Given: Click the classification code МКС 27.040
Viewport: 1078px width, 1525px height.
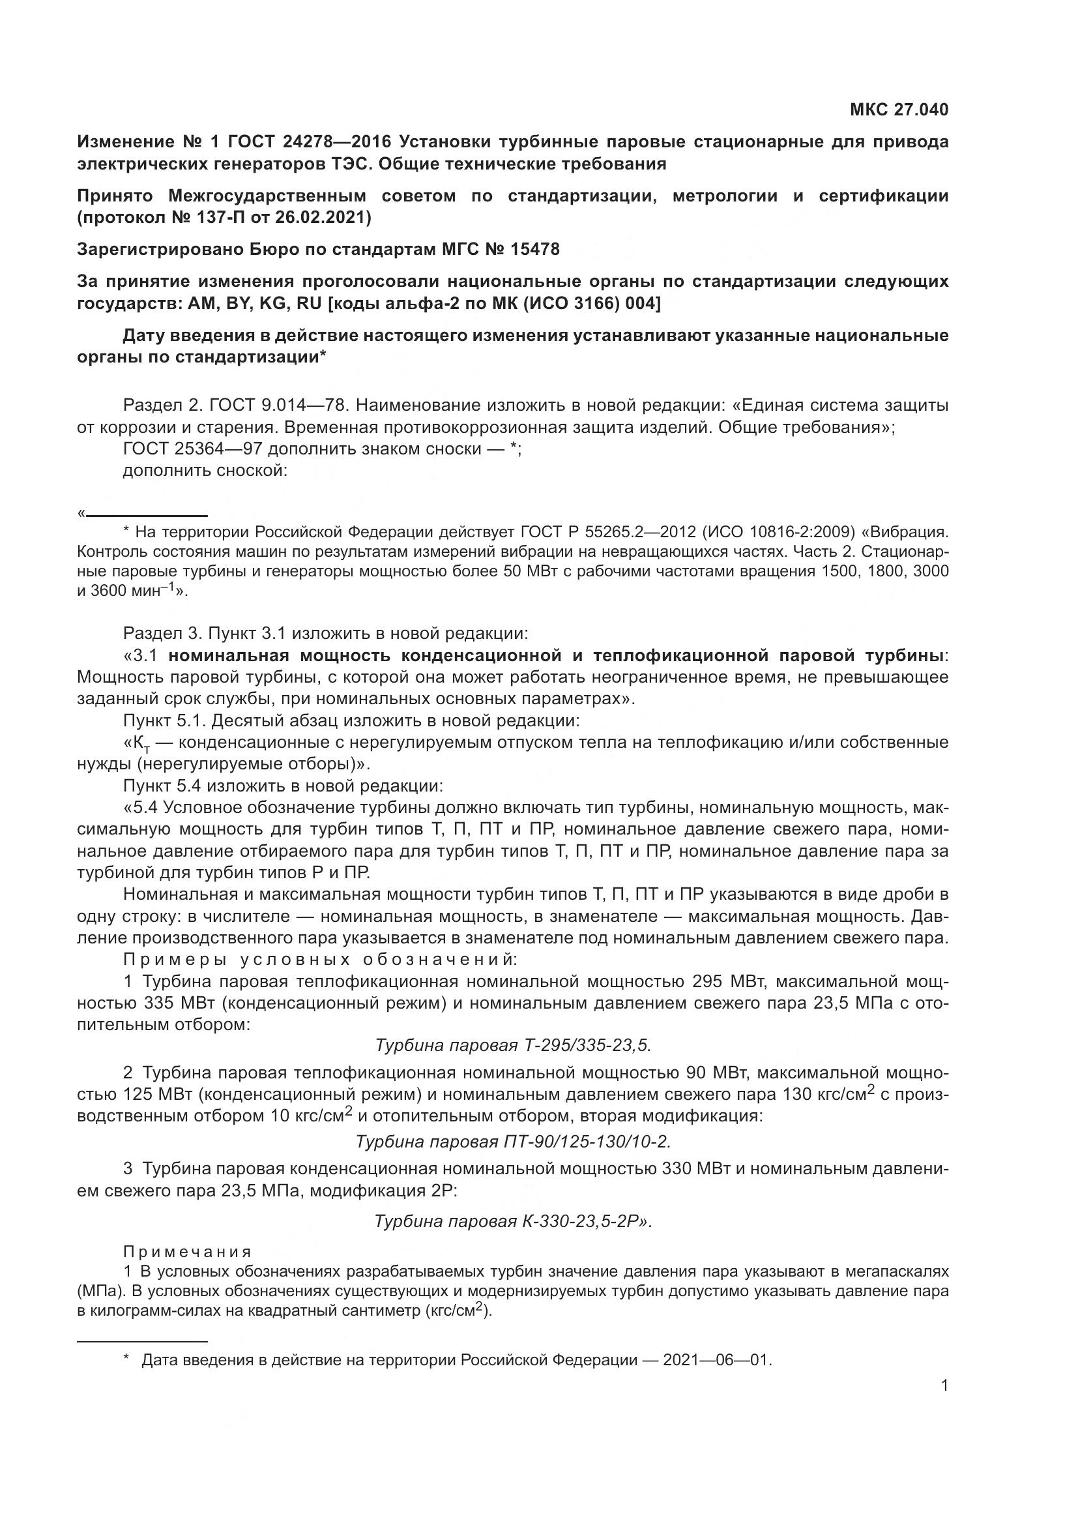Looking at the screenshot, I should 899,110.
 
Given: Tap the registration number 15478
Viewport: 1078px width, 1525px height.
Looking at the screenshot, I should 535,250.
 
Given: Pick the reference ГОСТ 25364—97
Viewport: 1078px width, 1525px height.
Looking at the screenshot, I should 192,449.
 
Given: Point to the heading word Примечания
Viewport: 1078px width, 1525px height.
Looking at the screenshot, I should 188,1252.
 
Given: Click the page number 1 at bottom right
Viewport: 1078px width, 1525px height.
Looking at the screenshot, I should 944,1385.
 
